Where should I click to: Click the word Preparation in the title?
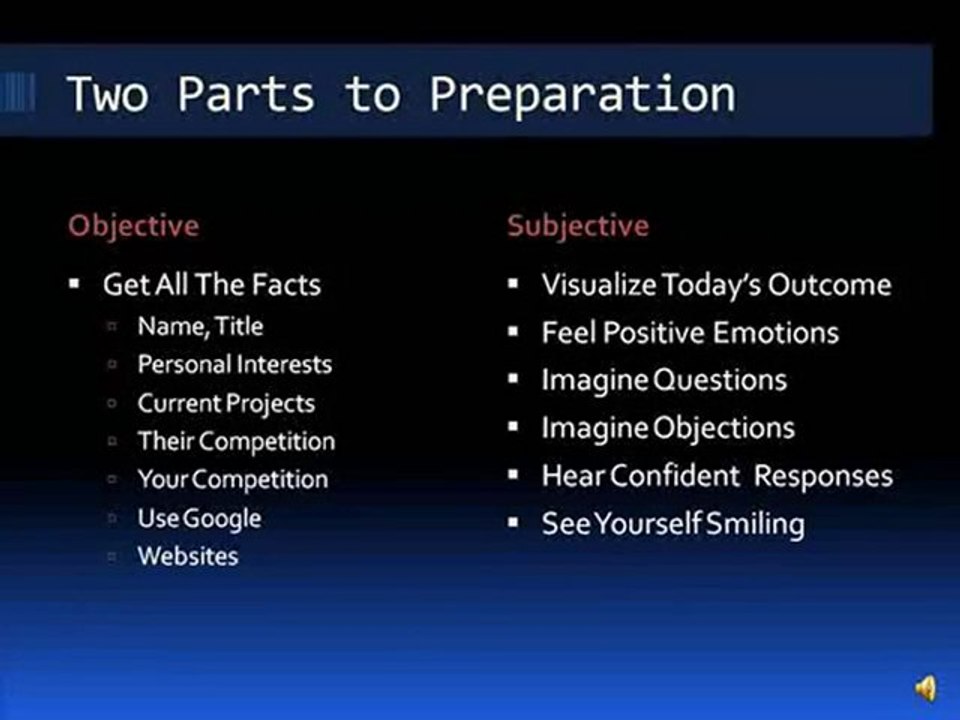coord(583,95)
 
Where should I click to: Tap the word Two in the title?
coord(107,94)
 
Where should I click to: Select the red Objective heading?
coord(133,225)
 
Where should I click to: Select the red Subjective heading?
coord(577,225)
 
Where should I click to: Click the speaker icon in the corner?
coord(926,688)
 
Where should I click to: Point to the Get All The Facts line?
coord(211,285)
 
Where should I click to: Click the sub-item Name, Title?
coord(200,326)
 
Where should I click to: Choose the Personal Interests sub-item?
coord(234,365)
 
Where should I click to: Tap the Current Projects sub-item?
coord(226,403)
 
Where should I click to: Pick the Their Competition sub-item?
coord(236,441)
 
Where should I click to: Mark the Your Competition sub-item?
coord(232,479)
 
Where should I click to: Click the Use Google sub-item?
coord(199,518)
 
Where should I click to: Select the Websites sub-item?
coord(188,556)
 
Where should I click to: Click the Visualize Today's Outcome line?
coord(715,285)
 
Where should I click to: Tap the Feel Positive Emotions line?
coord(690,332)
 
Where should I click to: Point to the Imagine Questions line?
coord(664,380)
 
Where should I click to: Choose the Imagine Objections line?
coord(667,428)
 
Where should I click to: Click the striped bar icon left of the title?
coord(17,93)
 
